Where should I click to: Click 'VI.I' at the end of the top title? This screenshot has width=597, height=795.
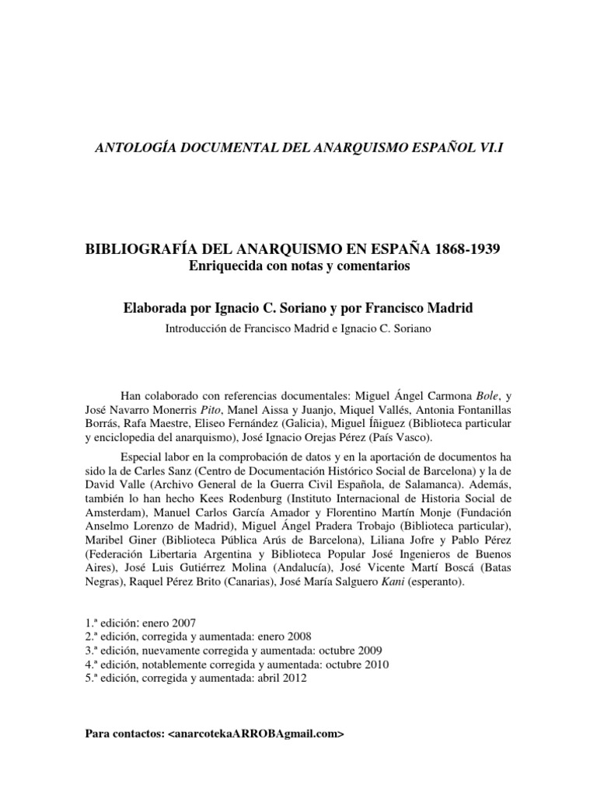click(491, 148)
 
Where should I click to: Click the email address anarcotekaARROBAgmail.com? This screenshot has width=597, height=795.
click(254, 734)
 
